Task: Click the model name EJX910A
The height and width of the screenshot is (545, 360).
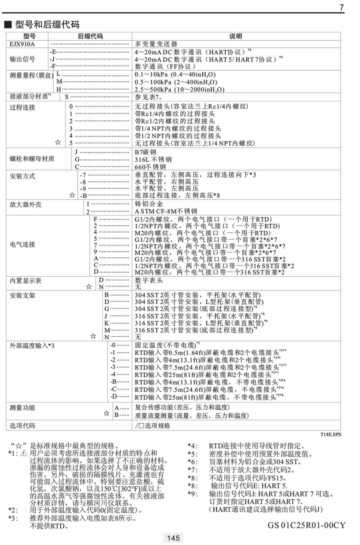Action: [22, 44]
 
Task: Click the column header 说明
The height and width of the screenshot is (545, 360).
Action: [236, 36]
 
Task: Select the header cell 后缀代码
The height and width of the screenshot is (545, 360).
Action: [90, 36]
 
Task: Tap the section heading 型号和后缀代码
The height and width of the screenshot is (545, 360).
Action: [47, 24]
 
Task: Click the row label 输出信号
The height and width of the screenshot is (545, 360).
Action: [22, 59]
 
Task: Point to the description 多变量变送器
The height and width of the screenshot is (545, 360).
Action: [156, 44]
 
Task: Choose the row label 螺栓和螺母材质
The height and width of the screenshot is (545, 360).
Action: [32, 159]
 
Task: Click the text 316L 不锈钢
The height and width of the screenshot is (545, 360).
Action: [153, 159]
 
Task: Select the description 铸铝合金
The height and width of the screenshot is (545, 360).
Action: [149, 204]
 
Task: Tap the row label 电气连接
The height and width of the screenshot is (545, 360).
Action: [22, 245]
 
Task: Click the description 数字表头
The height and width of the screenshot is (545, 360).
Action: [149, 280]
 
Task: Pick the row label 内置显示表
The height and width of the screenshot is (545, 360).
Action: [26, 281]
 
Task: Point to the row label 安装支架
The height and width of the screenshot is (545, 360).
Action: [22, 296]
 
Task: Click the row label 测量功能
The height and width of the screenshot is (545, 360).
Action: [22, 408]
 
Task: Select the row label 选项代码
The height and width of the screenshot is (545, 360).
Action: [22, 426]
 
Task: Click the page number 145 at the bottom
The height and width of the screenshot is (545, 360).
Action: [174, 538]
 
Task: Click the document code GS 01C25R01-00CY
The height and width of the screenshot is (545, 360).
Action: [306, 525]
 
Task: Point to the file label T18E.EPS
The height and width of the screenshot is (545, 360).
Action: [330, 434]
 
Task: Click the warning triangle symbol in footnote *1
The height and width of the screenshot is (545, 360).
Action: [24, 453]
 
